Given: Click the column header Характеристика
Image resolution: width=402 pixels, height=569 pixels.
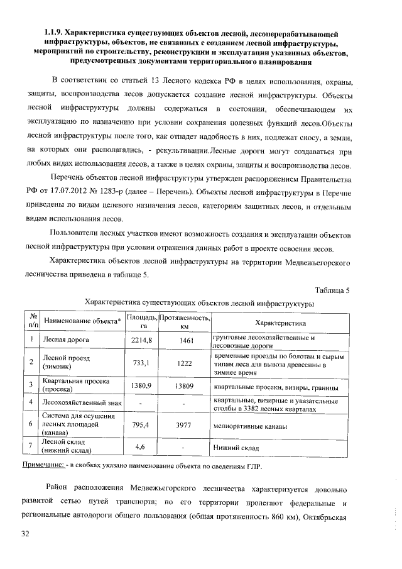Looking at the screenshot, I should [x=280, y=323].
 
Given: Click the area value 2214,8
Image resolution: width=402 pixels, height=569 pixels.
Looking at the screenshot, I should [x=142, y=340].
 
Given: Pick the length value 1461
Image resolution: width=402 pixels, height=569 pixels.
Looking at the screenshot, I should [x=185, y=340].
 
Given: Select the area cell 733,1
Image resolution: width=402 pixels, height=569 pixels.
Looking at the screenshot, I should [x=142, y=363].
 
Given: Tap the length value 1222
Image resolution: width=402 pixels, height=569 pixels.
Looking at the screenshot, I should [x=185, y=363].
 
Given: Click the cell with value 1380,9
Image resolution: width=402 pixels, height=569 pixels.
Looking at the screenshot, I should [x=142, y=385].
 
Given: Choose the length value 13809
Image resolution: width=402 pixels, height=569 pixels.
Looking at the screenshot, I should [x=185, y=385].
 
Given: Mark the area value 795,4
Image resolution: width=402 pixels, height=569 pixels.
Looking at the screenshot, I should [x=142, y=425].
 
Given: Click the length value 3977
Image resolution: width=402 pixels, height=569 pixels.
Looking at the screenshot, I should [x=185, y=425].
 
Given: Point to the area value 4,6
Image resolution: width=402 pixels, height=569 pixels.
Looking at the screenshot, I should [x=142, y=446].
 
